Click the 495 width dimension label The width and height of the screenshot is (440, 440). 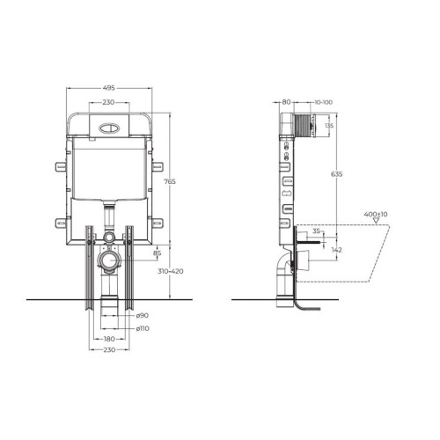click(x=109, y=88)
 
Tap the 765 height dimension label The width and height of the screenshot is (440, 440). click(x=170, y=181)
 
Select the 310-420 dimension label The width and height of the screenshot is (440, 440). click(x=171, y=271)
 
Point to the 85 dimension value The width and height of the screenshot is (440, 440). click(x=158, y=253)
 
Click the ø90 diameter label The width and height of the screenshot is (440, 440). click(x=143, y=316)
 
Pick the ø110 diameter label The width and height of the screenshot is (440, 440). click(x=143, y=328)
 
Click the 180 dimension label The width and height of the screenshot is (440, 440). click(x=109, y=339)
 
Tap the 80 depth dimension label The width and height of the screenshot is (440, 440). click(x=286, y=102)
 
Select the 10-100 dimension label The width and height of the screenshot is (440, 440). click(x=324, y=102)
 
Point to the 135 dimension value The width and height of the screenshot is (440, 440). click(x=329, y=126)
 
